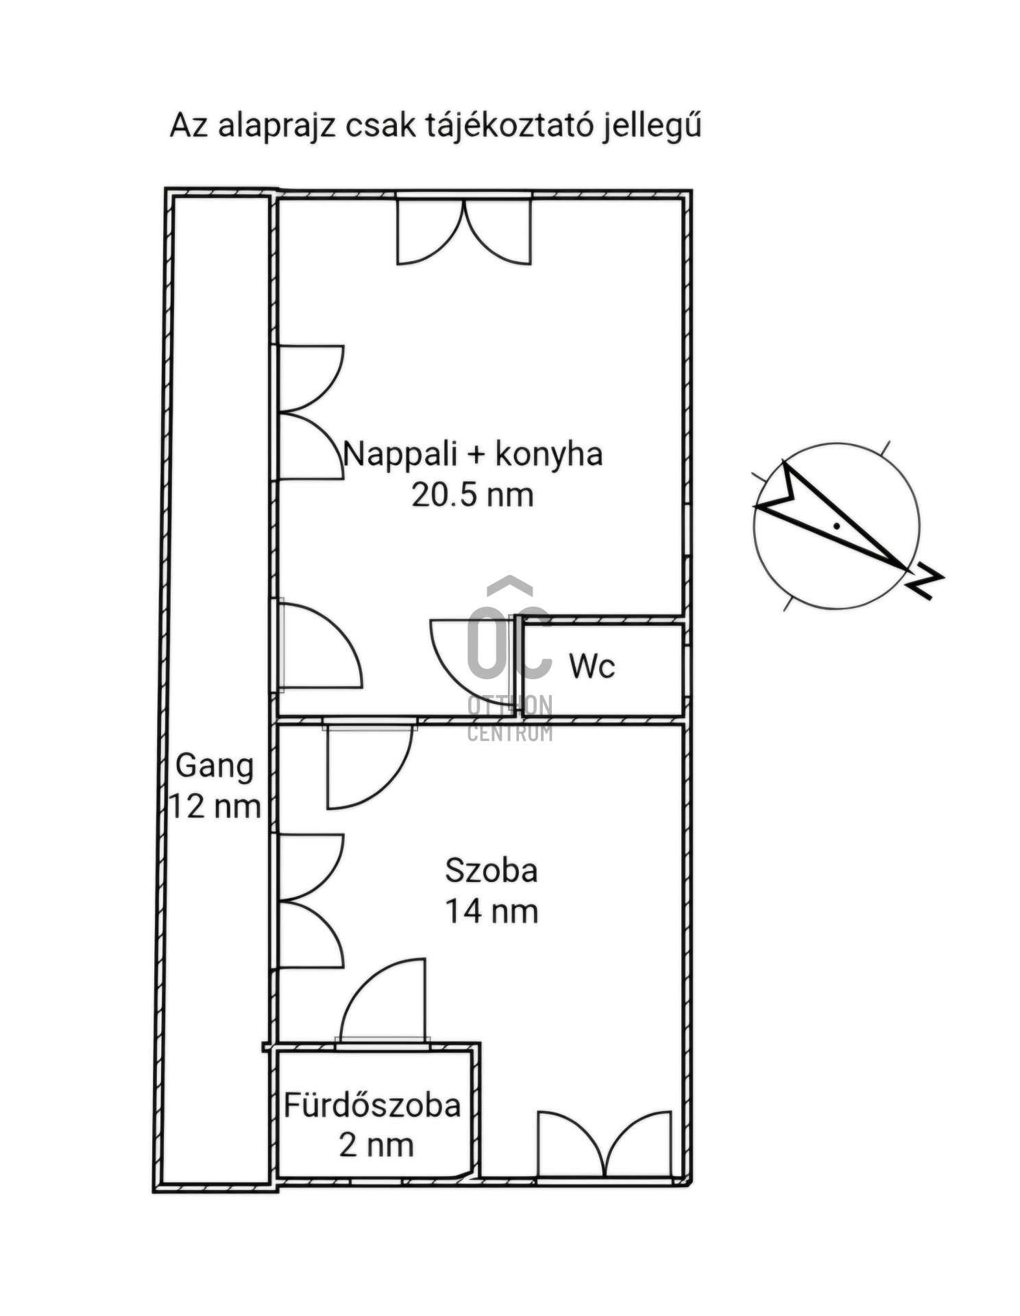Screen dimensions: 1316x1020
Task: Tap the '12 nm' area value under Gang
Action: (x=215, y=807)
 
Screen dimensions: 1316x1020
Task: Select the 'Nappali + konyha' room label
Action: (x=472, y=454)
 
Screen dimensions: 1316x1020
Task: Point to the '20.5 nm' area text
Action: (x=472, y=495)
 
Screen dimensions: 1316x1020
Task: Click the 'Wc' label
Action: (x=592, y=666)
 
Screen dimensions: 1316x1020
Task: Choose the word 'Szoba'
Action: (x=491, y=870)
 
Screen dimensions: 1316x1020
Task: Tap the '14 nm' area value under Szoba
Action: (x=491, y=912)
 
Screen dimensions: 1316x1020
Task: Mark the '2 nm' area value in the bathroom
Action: (x=376, y=1145)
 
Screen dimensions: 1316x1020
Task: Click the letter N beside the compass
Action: (x=925, y=580)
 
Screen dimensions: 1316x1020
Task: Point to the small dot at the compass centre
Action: (x=837, y=526)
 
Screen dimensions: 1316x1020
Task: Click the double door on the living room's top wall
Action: (x=464, y=232)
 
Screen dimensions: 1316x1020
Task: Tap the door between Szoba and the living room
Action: (x=369, y=764)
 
